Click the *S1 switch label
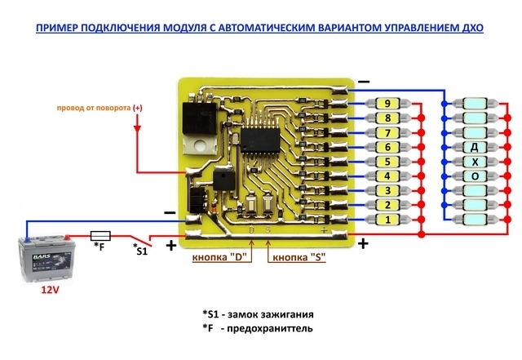[139, 249]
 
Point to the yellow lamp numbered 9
[387, 104]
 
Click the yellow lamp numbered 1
[387, 220]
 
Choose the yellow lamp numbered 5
[387, 162]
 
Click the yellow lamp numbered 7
[387, 132]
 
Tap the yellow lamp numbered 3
[387, 190]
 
